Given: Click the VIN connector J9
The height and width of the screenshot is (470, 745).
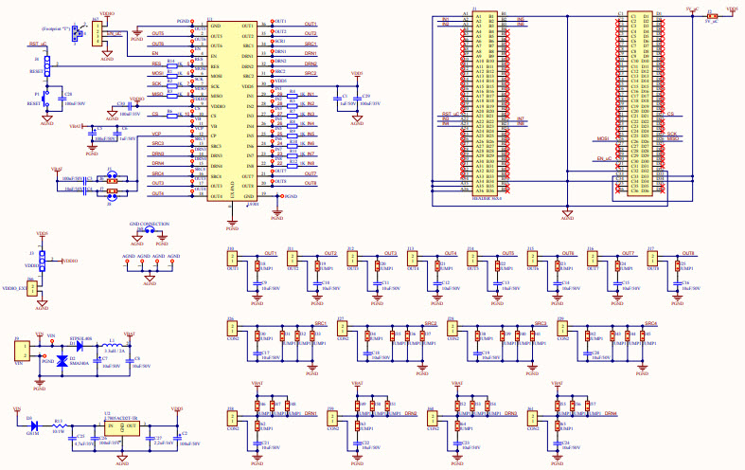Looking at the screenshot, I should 18,351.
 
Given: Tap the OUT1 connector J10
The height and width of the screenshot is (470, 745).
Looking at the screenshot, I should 232,260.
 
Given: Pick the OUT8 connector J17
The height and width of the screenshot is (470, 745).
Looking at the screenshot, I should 651,260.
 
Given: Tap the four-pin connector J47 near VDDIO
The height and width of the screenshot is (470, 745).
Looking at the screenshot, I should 95,34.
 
